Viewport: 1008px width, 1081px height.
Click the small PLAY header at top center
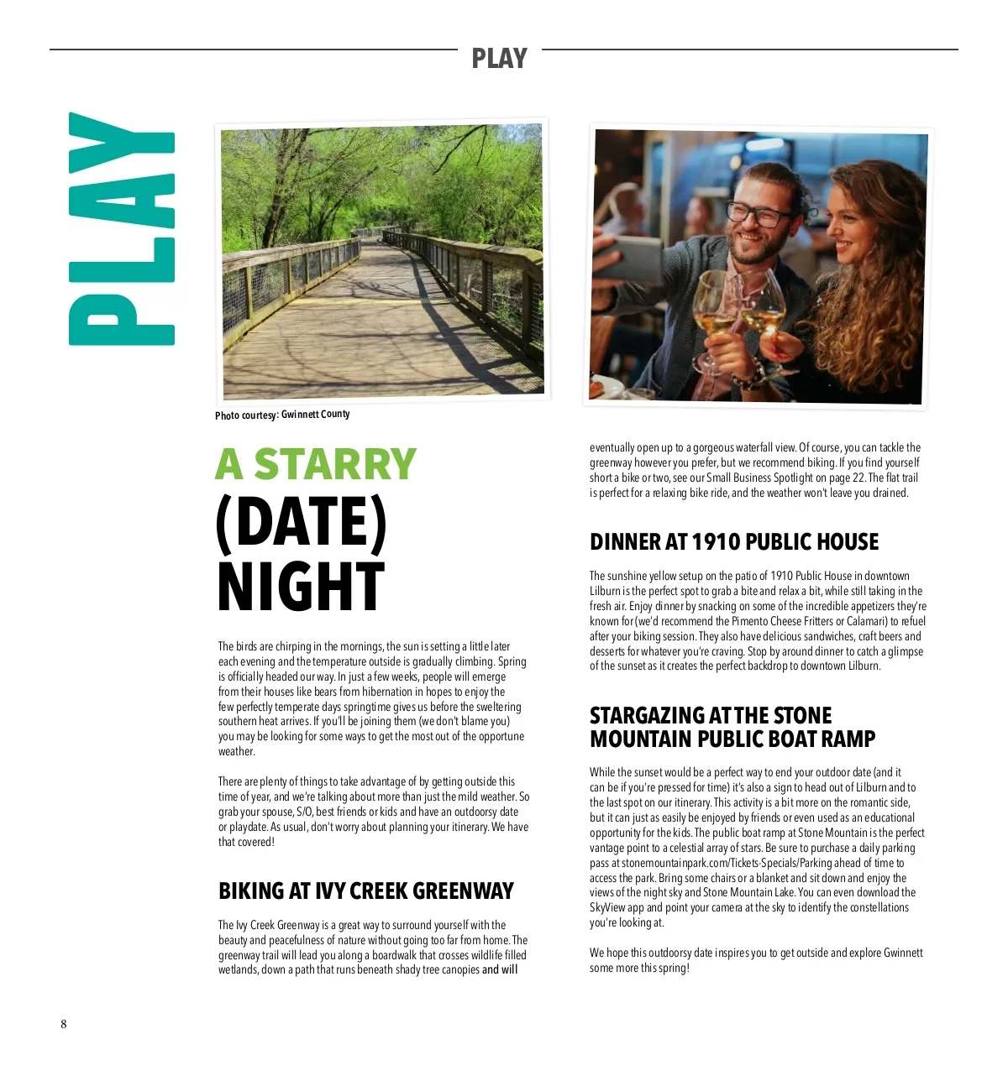(x=499, y=59)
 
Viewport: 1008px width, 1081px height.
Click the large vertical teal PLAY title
(x=122, y=228)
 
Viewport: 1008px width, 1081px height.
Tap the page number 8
(x=63, y=1024)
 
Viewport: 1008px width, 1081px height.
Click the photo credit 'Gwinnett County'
(x=315, y=414)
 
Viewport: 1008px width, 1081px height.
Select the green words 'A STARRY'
(x=316, y=464)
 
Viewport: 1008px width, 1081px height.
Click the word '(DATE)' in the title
(x=301, y=524)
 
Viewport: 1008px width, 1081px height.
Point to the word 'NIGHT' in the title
(x=301, y=587)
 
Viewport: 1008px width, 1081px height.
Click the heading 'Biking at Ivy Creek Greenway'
(x=365, y=890)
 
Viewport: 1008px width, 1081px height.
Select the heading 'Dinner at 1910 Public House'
(x=733, y=542)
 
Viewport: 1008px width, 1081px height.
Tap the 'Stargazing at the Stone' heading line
(x=710, y=716)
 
